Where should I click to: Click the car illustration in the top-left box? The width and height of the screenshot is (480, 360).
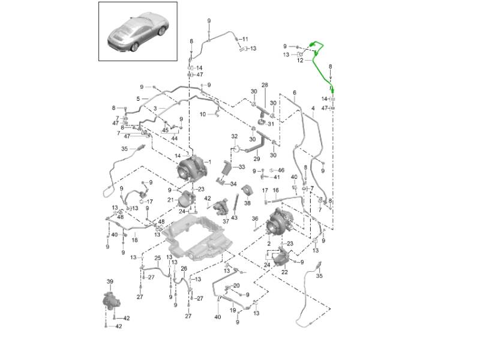pyautogui.click(x=137, y=33)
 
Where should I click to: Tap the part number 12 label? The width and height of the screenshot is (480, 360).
pyautogui.click(x=300, y=61)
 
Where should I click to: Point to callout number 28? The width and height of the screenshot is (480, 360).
pyautogui.click(x=264, y=85)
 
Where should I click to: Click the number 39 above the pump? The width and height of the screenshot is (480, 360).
pyautogui.click(x=110, y=281)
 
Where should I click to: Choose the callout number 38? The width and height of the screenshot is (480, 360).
pyautogui.click(x=247, y=203)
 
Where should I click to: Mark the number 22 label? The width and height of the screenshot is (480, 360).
pyautogui.click(x=284, y=272)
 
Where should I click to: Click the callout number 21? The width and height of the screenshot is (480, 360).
pyautogui.click(x=170, y=200)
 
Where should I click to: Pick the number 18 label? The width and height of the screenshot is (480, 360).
pyautogui.click(x=134, y=240)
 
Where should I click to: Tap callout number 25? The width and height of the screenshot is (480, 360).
pyautogui.click(x=158, y=258)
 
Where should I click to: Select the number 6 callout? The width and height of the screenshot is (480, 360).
pyautogui.click(x=295, y=92)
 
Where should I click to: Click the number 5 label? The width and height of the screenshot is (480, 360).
pyautogui.click(x=138, y=98)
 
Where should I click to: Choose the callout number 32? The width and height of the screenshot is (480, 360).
pyautogui.click(x=235, y=137)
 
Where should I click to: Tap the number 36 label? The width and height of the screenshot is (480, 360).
pyautogui.click(x=254, y=218)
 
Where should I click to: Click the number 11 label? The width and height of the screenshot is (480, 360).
pyautogui.click(x=245, y=40)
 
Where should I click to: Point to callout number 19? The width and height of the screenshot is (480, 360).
pyautogui.click(x=233, y=310)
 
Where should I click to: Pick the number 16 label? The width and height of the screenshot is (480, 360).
pyautogui.click(x=276, y=190)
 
